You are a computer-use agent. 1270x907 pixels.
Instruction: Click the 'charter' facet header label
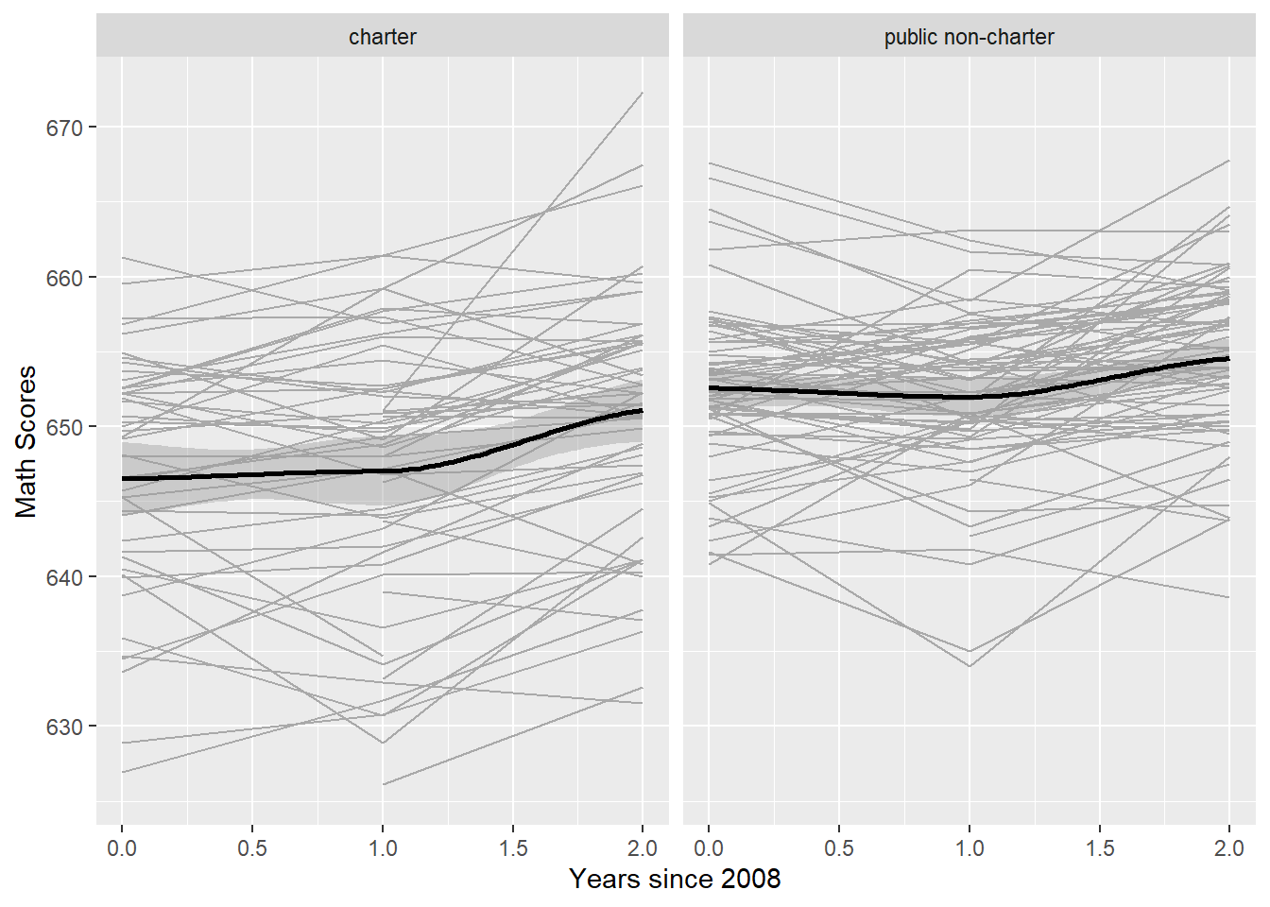(x=382, y=37)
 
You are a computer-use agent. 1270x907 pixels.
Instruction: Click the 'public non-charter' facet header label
(x=969, y=37)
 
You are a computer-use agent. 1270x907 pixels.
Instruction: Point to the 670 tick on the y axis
(x=65, y=128)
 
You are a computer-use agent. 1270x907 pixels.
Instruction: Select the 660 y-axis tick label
(x=65, y=278)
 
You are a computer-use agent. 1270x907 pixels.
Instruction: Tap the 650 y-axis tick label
(x=65, y=427)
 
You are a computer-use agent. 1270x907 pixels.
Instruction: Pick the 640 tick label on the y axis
(x=65, y=577)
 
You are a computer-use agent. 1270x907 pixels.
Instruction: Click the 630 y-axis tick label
(x=65, y=727)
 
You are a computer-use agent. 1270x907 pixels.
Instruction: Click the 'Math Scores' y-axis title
(x=26, y=441)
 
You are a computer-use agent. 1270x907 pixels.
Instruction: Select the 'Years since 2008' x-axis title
(x=675, y=879)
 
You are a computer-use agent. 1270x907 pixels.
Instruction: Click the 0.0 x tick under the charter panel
(x=122, y=847)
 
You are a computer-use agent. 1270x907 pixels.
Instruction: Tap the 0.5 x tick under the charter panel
(x=252, y=847)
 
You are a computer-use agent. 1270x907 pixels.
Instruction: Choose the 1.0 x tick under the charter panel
(x=383, y=847)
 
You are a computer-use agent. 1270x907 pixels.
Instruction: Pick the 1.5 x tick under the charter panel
(x=513, y=847)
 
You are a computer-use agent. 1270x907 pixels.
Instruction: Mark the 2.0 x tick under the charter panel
(x=643, y=847)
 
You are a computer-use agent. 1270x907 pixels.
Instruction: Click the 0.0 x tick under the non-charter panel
(x=709, y=847)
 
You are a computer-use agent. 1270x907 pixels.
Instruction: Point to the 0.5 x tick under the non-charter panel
(x=839, y=847)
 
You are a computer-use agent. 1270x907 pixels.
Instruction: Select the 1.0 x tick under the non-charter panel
(x=970, y=847)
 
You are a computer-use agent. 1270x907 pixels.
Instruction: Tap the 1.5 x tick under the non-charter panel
(x=1100, y=847)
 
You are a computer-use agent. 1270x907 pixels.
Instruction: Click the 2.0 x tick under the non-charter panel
(x=1229, y=847)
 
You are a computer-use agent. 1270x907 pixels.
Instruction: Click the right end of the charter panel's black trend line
(x=642, y=411)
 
